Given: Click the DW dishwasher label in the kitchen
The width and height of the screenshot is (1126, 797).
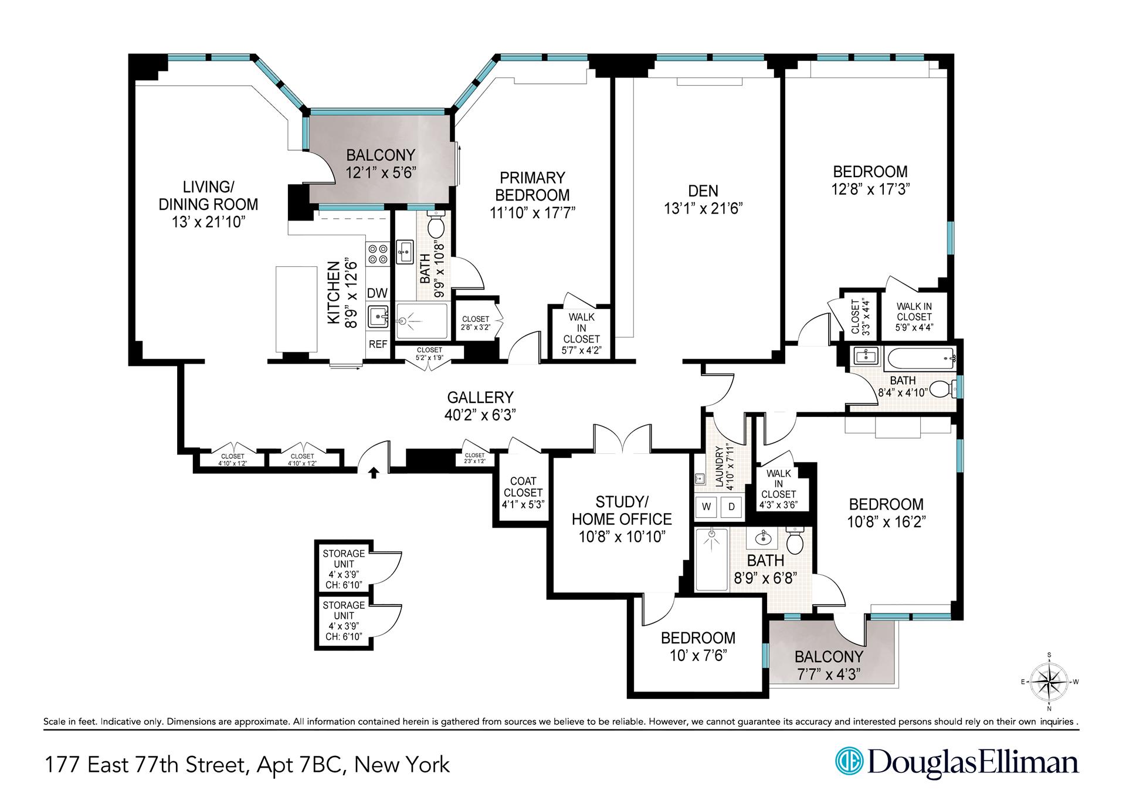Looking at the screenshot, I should tap(377, 293).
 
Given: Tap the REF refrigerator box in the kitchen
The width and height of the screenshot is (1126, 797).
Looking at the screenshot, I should tap(378, 344).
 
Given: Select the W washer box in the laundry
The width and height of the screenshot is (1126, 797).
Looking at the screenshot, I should tap(707, 507).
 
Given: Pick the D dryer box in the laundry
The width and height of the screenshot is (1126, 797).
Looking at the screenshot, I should tap(731, 507).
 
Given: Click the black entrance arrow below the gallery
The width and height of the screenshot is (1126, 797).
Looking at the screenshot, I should tap(373, 473).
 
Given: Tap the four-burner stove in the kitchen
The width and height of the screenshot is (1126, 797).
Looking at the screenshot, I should tap(377, 254).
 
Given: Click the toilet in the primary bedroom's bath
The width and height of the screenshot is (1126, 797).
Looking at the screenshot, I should tap(436, 225).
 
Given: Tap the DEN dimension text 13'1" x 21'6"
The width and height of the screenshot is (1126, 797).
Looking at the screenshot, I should tap(703, 209).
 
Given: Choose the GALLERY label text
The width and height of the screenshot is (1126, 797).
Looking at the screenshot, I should tap(480, 398).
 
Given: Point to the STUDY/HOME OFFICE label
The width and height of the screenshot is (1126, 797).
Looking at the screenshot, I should tap(622, 511).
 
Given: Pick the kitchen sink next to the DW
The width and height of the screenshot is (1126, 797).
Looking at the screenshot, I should tap(377, 317).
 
